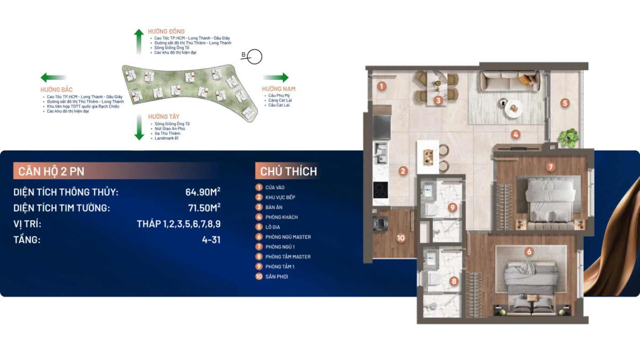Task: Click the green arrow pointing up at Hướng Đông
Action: pyautogui.click(x=139, y=42)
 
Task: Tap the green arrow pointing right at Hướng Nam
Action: pyautogui.click(x=276, y=77)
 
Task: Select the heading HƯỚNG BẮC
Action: pyautogui.click(x=56, y=90)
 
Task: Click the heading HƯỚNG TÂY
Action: pyautogui.click(x=164, y=116)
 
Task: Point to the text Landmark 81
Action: pyautogui.click(x=166, y=138)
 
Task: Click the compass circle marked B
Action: pyautogui.click(x=254, y=57)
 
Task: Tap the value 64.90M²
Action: pyautogui.click(x=203, y=192)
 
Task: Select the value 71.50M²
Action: pyautogui.click(x=204, y=207)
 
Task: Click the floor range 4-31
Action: pyautogui.click(x=211, y=239)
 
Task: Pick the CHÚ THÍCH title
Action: pyautogui.click(x=288, y=171)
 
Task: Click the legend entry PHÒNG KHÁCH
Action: pyautogui.click(x=282, y=217)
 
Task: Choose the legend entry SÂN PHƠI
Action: pyautogui.click(x=277, y=277)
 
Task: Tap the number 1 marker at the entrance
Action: pyautogui.click(x=382, y=86)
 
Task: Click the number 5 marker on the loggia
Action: pyautogui.click(x=565, y=103)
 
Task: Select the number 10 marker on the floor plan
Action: pyautogui.click(x=400, y=238)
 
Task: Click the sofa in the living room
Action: pyautogui.click(x=510, y=81)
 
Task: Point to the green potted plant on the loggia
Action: pyautogui.click(x=568, y=138)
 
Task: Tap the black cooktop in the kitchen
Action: pyautogui.click(x=380, y=190)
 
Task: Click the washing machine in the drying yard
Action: pyautogui.click(x=380, y=223)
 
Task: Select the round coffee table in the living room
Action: pyautogui.click(x=514, y=108)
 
